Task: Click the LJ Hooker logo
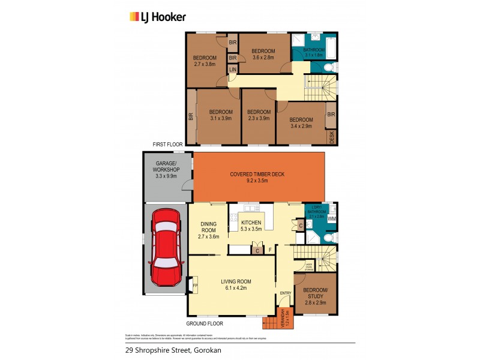point(158,17)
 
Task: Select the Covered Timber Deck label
point(257,178)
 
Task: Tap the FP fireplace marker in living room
point(194,286)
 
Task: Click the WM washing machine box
point(331,219)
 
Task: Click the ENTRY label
point(285,293)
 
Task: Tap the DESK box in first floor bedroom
point(331,137)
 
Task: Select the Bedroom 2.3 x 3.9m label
point(259,115)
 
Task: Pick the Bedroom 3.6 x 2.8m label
point(262,55)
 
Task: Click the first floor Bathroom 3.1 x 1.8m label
point(313,52)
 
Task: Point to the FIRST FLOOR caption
point(168,145)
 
